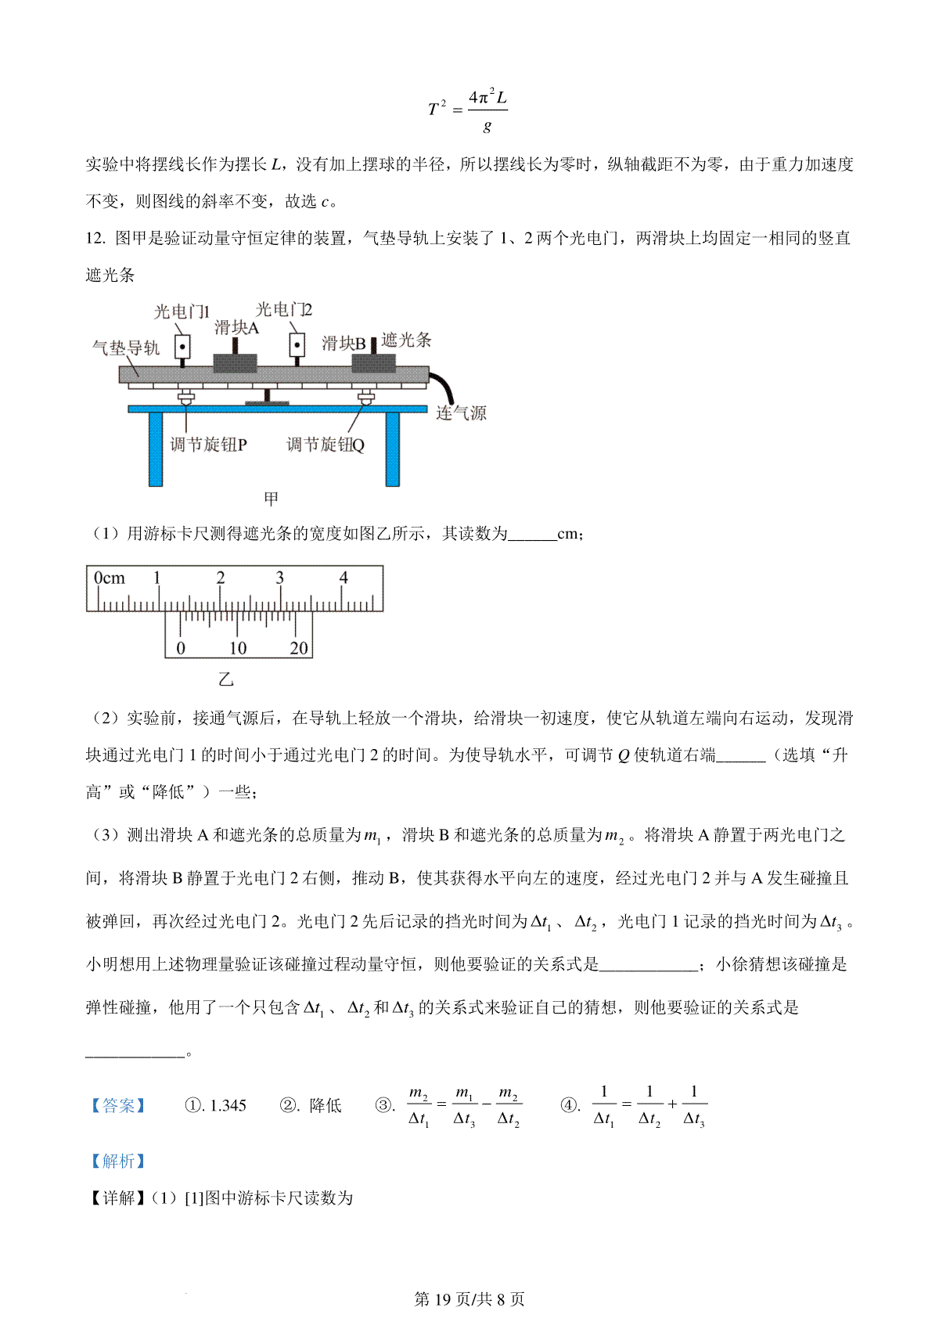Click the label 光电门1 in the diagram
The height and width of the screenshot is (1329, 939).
coord(182,312)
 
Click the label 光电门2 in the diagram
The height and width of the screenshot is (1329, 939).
coord(283,310)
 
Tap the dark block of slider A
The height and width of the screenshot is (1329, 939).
coord(236,364)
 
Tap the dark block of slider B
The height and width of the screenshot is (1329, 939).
coord(374,364)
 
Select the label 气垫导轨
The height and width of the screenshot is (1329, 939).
coord(125,348)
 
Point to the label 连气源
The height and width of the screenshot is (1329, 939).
coord(461,413)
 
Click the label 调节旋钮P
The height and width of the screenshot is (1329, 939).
coord(208,445)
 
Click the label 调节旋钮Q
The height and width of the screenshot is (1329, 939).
coord(325,445)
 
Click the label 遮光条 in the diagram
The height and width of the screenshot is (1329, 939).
coord(406,340)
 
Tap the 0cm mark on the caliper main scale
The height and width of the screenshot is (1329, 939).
coord(109,578)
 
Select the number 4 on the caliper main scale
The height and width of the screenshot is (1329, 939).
coord(344,578)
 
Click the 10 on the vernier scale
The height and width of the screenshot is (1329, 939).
coord(237,648)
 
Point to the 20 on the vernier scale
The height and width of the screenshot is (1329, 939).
coord(299,648)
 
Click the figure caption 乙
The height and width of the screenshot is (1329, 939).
coord(226,679)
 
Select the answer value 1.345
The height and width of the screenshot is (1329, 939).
coord(228,1105)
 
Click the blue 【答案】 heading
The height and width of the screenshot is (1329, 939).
coord(118,1105)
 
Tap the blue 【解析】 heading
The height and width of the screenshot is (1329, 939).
coord(118,1161)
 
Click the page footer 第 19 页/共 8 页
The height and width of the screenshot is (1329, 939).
coord(469,1299)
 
